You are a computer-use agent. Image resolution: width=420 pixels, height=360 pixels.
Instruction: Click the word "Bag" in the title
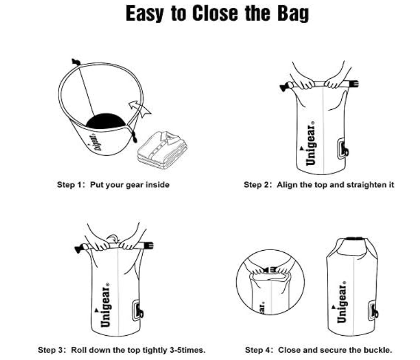293,13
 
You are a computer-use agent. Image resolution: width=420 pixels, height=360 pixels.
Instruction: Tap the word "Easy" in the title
144,13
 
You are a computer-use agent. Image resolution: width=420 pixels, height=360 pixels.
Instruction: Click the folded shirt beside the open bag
163,149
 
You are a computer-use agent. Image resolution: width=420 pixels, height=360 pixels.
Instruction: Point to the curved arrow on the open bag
140,108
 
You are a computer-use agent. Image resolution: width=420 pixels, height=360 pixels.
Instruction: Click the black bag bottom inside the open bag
106,121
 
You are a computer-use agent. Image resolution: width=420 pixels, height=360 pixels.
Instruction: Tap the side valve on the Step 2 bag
342,149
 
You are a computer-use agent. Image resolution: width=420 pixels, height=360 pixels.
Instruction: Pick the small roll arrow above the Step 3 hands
113,238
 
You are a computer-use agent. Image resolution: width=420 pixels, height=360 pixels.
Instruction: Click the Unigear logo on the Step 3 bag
105,305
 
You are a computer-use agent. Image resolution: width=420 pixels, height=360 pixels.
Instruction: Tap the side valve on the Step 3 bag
137,310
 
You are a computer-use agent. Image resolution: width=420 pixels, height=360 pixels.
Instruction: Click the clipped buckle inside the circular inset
269,270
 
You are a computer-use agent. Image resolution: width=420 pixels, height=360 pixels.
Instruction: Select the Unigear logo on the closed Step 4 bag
341,302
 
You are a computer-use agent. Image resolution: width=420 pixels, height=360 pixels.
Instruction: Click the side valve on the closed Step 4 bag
372,310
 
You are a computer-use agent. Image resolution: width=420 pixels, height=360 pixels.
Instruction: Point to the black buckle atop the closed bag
354,239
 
